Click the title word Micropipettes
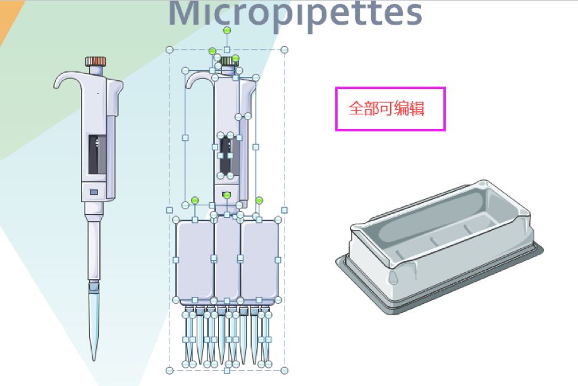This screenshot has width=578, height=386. (x=295, y=14)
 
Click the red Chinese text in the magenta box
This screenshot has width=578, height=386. (x=386, y=109)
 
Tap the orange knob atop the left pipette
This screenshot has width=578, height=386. (x=96, y=61)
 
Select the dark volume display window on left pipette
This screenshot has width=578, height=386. (x=97, y=154)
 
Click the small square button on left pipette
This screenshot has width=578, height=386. (x=94, y=191)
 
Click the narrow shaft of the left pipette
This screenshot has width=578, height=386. (x=94, y=246)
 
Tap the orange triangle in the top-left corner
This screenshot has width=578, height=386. (x=6, y=19)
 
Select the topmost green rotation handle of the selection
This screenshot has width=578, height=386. (x=227, y=30)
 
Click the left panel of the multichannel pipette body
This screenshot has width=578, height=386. (x=194, y=259)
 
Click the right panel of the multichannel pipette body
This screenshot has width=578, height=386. (x=260, y=259)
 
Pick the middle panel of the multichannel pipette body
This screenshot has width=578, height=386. (x=227, y=259)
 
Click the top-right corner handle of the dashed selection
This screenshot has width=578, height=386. (x=284, y=49)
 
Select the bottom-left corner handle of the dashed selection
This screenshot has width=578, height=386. (x=169, y=370)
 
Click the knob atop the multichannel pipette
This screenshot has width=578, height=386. (x=226, y=61)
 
